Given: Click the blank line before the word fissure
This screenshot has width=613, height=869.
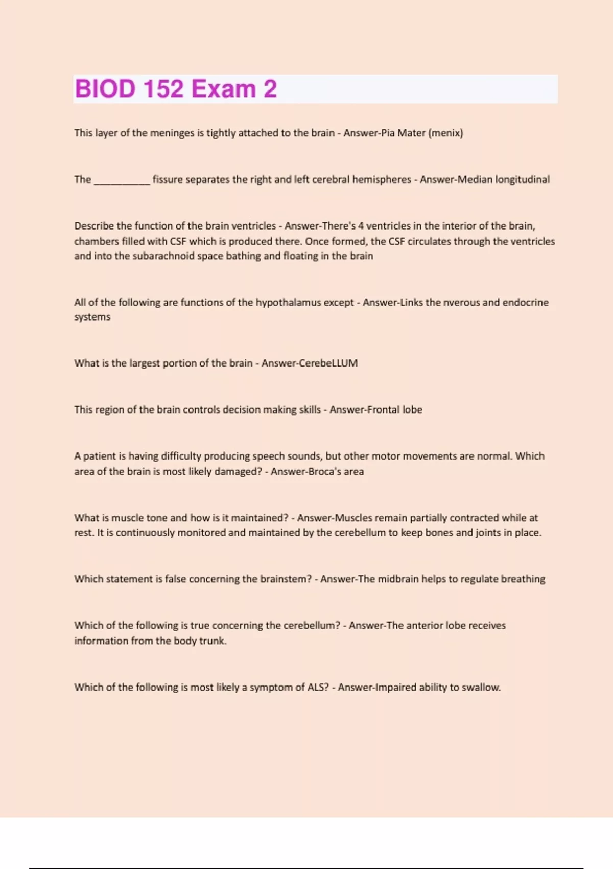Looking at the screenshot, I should tap(122, 180).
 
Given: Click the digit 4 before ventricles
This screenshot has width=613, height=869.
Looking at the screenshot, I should tap(361, 226).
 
